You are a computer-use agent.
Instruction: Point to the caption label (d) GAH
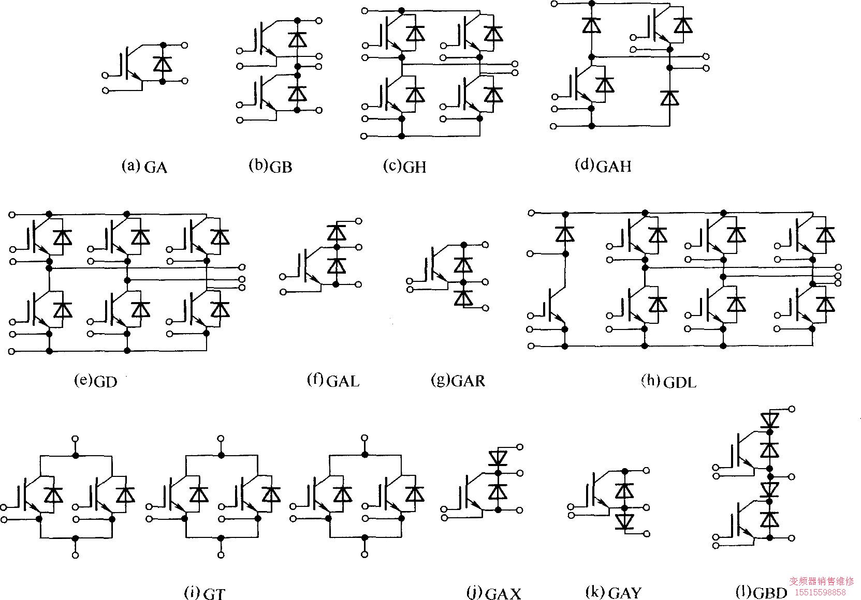click(603, 166)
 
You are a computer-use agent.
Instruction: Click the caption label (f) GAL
click(333, 381)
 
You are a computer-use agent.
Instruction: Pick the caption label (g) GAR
click(458, 381)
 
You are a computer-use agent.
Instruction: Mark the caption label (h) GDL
click(669, 382)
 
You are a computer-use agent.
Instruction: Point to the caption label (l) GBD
click(762, 592)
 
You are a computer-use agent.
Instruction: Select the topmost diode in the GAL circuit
click(337, 232)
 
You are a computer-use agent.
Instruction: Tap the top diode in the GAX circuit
click(498, 457)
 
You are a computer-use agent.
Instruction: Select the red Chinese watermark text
click(821, 582)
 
